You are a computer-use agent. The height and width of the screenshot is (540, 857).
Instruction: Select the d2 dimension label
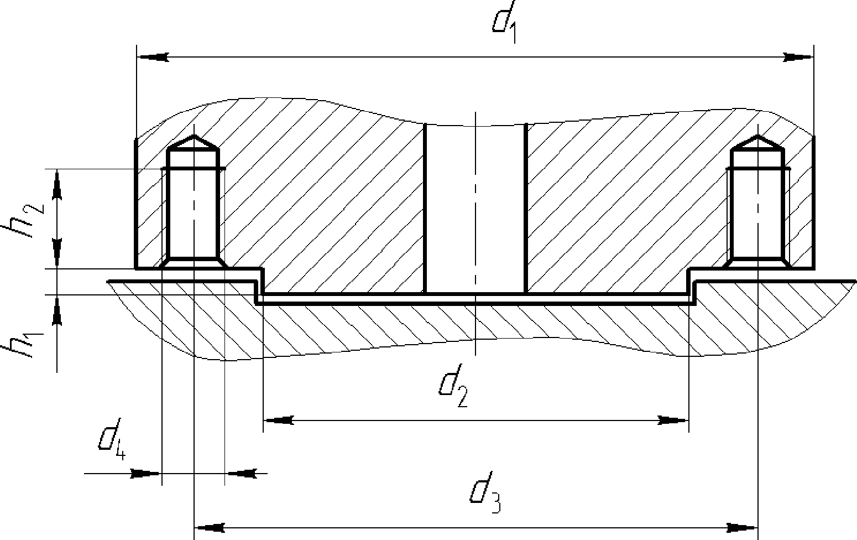tap(453, 386)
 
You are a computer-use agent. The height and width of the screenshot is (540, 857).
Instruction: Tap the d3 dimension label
tap(485, 492)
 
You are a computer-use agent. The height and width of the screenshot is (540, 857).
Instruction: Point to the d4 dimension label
tap(112, 439)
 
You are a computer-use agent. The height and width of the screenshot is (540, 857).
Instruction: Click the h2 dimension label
tap(24, 221)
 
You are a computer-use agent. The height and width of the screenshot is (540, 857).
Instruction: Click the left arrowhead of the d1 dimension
tap(153, 58)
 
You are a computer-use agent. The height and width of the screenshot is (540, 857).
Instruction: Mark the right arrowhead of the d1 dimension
tap(798, 58)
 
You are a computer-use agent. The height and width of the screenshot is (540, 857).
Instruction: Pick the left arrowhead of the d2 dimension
tap(279, 420)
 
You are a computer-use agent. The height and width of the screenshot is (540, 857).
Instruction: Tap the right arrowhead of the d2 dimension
tap(673, 420)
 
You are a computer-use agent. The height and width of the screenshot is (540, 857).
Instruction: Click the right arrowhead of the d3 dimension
tap(742, 528)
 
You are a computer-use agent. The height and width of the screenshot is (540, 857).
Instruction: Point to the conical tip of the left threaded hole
tap(194, 142)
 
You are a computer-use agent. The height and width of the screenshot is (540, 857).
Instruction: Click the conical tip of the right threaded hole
tap(757, 142)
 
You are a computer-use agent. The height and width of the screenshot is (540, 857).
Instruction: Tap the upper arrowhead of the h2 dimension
tap(57, 185)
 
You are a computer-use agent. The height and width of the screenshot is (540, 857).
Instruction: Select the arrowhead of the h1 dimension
tap(57, 311)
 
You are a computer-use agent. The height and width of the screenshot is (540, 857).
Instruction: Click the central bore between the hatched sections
tap(475, 209)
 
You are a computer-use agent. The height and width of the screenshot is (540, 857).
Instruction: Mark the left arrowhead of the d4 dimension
tap(145, 474)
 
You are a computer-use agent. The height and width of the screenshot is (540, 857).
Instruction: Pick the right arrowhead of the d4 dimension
tap(241, 474)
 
